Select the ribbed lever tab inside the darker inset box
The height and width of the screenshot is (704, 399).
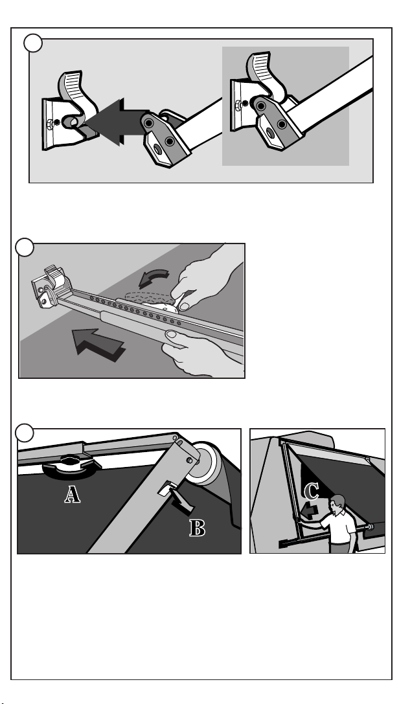[262, 67]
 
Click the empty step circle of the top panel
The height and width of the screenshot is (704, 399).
[33, 43]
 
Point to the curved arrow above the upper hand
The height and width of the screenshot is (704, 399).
[154, 278]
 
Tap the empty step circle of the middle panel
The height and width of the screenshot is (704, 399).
[25, 247]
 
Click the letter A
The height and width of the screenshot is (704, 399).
[73, 494]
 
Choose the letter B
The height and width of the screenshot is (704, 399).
[197, 528]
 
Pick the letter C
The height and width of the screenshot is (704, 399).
[311, 491]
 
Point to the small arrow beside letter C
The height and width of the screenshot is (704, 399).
[310, 511]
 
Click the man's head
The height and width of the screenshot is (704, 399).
[337, 504]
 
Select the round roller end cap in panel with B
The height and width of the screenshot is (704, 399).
[205, 463]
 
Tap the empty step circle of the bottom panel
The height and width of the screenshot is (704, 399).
[24, 433]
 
